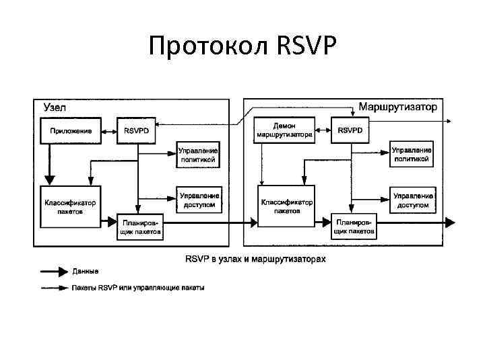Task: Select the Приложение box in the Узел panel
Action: click(71, 131)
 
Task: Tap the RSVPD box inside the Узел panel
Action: click(137, 131)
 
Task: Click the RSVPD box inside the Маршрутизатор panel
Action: click(350, 130)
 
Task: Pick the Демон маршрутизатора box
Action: click(284, 130)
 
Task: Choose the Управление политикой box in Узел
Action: click(198, 155)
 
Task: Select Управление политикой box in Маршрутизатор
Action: click(412, 155)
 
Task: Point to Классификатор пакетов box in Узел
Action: click(70, 206)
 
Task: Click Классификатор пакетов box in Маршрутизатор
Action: click(286, 205)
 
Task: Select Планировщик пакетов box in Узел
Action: click(140, 227)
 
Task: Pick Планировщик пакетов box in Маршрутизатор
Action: click(354, 226)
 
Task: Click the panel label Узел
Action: click(55, 107)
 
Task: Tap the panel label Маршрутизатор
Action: click(397, 107)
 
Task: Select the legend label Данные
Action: click(86, 272)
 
